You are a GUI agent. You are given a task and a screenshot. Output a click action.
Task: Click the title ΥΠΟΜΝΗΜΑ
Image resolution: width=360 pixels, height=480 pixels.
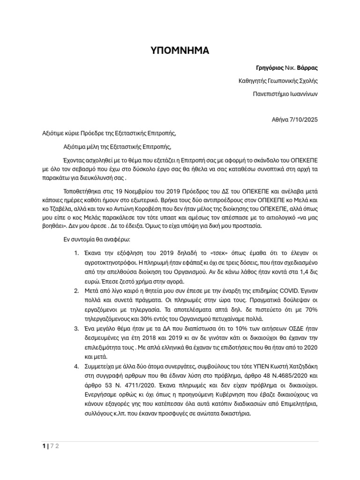[x=180, y=51]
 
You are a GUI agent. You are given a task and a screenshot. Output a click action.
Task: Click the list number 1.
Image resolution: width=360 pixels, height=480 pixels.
[x=76, y=253]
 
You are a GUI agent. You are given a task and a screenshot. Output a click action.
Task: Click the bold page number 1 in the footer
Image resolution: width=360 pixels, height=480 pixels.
[x=44, y=446]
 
